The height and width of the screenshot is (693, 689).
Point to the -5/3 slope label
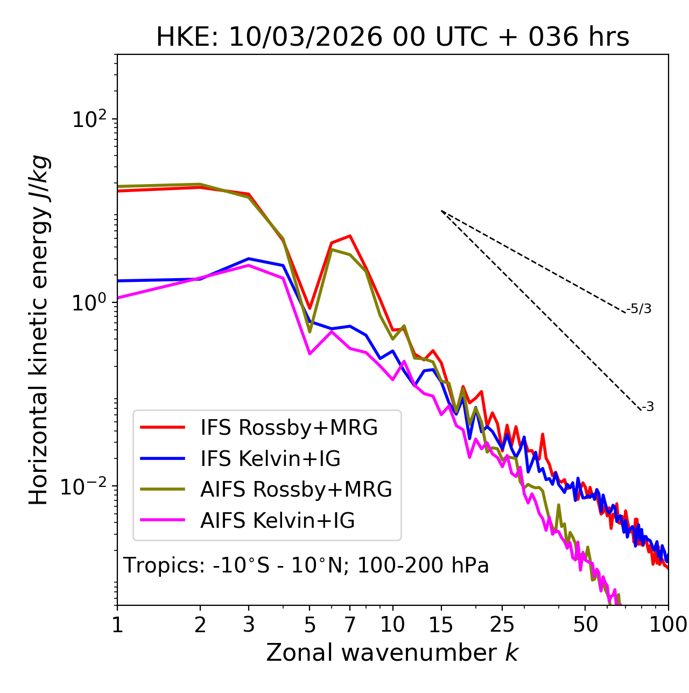[x=639, y=309]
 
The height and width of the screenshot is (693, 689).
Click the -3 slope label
[x=648, y=407]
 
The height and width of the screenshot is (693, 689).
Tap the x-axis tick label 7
[x=350, y=625]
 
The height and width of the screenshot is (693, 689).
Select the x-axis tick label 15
[x=441, y=625]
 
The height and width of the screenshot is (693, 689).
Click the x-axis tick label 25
[x=502, y=625]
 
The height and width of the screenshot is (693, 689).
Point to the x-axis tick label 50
[x=585, y=625]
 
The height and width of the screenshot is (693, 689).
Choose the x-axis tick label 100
[x=668, y=625]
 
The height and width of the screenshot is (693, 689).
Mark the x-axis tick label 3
[x=249, y=625]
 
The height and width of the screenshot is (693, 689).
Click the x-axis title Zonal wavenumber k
[x=392, y=653]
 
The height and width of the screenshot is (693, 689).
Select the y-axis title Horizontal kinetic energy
[x=39, y=330]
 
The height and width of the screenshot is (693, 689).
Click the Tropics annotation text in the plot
[x=306, y=565]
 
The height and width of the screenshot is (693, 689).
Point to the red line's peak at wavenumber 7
[x=350, y=236]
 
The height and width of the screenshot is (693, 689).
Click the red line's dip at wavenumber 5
[x=310, y=308]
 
